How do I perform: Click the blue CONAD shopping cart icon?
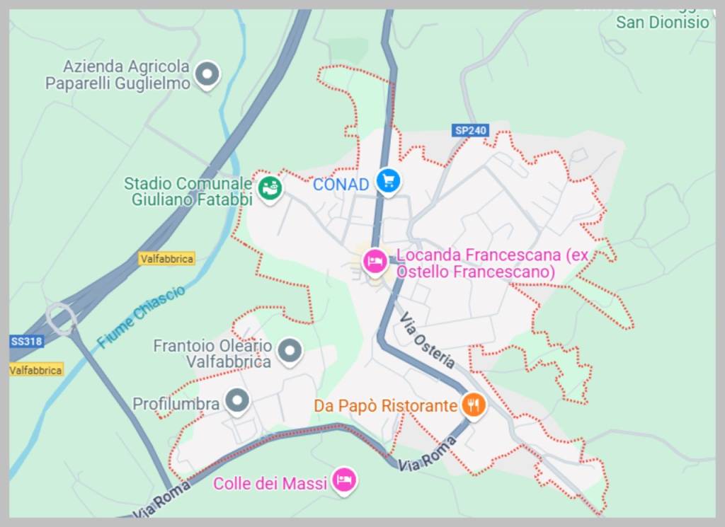(388, 181)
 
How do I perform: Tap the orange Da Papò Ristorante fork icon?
(473, 405)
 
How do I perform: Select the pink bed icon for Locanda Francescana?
(374, 262)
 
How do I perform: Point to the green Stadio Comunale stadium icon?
(269, 188)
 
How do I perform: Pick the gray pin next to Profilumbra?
(237, 400)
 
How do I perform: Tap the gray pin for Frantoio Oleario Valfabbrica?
(289, 349)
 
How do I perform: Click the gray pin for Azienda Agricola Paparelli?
(207, 73)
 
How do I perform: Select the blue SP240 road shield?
(471, 131)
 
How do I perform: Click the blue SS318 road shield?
(27, 342)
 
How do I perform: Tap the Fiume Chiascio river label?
(142, 316)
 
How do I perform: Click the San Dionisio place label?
(662, 23)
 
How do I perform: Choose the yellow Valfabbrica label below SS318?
(36, 370)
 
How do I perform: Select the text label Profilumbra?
(177, 404)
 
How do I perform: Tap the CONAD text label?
(341, 185)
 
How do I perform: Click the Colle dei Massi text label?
(270, 484)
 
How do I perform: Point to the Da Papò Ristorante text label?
(386, 406)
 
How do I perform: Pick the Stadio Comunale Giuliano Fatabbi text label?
(188, 192)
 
